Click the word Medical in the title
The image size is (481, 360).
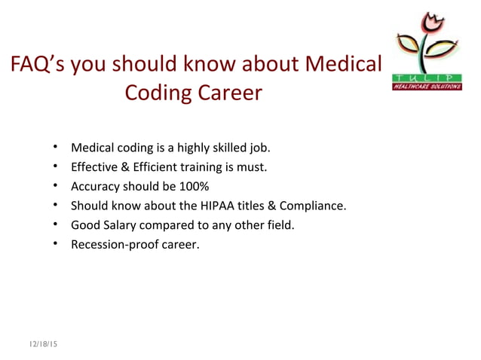(x=339, y=66)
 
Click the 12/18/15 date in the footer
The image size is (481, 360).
(x=44, y=344)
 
